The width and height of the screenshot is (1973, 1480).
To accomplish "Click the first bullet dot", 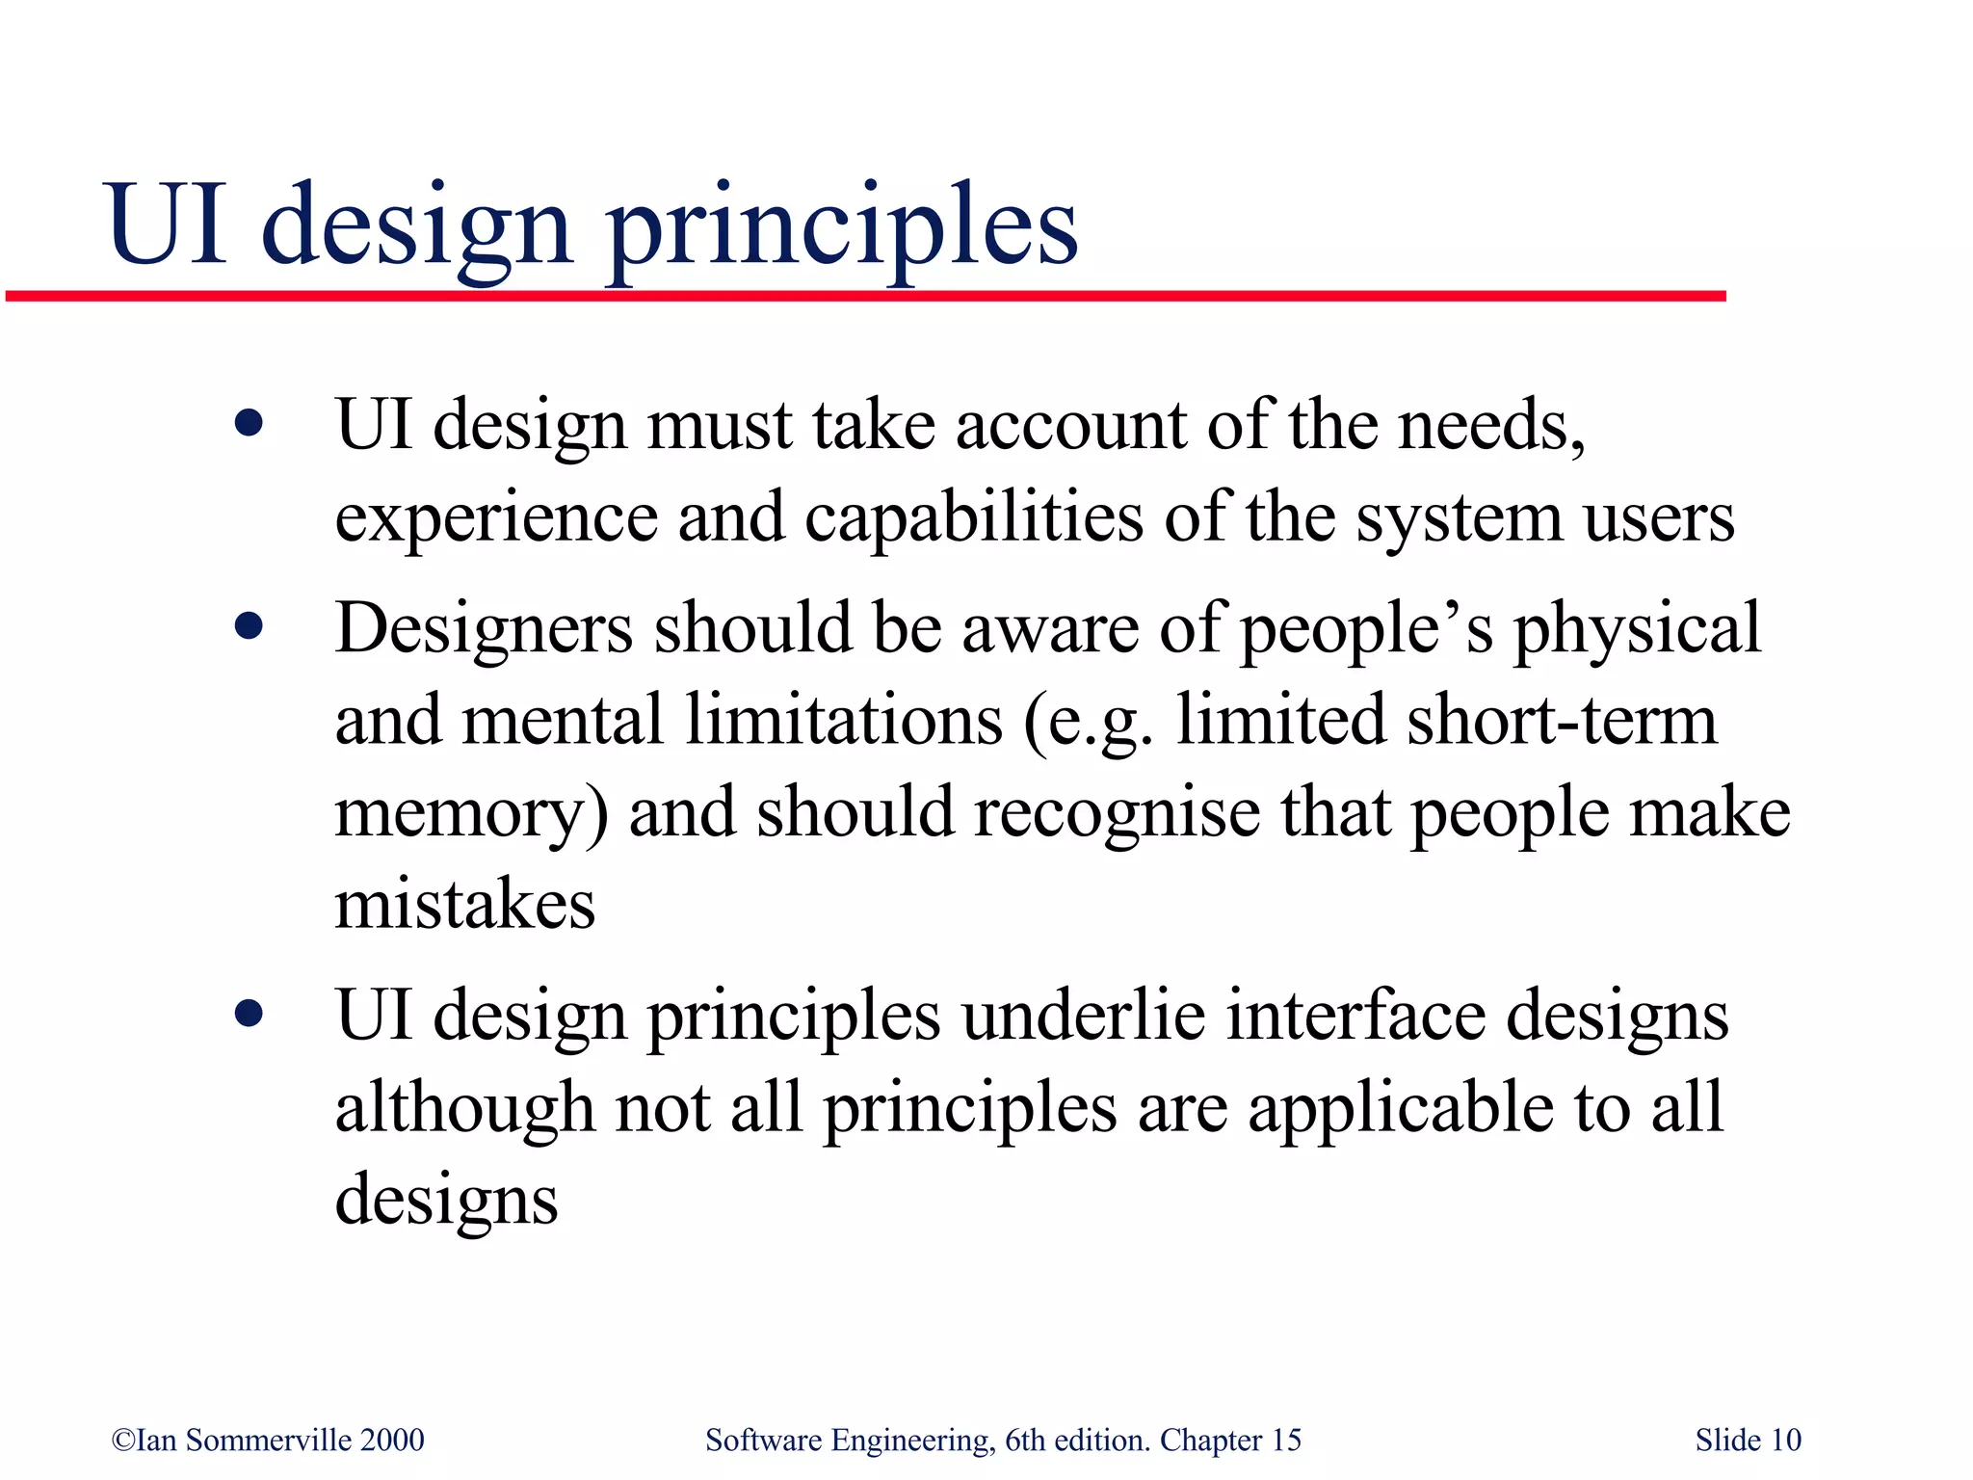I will (249, 424).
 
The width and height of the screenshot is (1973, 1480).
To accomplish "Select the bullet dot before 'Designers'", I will (249, 628).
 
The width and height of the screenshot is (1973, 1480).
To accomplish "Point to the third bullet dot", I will (249, 1015).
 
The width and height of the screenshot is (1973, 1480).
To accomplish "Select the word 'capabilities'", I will (973, 517).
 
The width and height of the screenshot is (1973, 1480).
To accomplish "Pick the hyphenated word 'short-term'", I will (1561, 721).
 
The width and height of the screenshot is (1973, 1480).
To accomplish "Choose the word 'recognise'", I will (1117, 812).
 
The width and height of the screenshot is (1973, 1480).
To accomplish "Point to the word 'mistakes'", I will (464, 905).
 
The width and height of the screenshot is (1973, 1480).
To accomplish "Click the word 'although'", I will (464, 1108).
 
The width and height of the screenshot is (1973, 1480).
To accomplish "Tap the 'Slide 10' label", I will (1748, 1440).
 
